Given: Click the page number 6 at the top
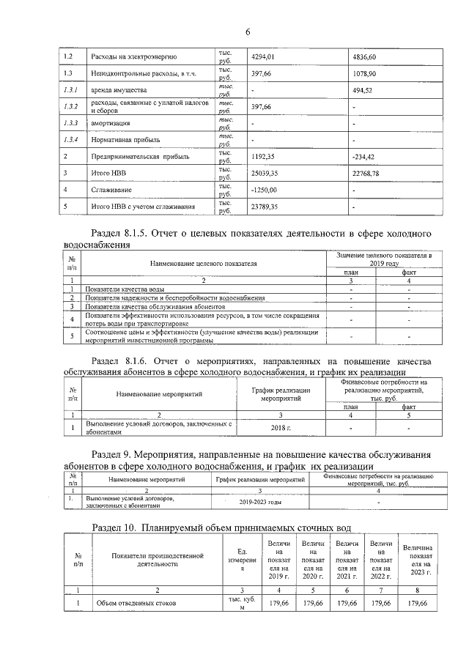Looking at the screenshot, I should [248, 32].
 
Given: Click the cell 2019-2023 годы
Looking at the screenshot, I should [259, 502].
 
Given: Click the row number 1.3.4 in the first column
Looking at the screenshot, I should [70, 139].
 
